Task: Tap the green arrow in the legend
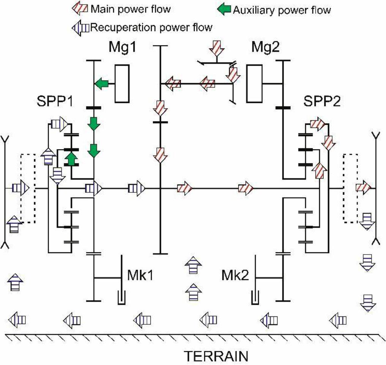pos(225,10)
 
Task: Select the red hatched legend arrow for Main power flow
pos(81,9)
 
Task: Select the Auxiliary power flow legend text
pos(282,10)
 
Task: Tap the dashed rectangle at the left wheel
pos(28,188)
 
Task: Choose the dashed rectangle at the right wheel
pos(350,188)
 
